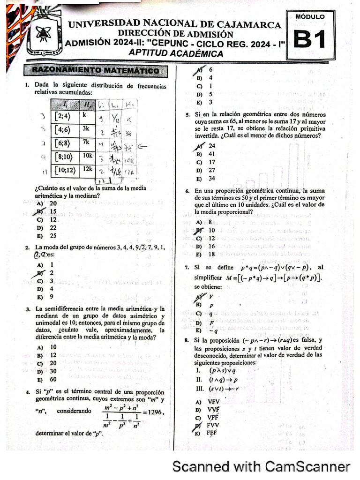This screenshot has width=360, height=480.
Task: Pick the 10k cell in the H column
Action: click(x=88, y=155)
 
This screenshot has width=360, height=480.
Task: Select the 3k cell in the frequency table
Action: click(x=87, y=128)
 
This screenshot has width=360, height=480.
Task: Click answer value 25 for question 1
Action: click(x=53, y=236)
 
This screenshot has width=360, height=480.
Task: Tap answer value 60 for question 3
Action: click(x=53, y=379)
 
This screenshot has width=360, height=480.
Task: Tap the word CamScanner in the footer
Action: click(x=307, y=466)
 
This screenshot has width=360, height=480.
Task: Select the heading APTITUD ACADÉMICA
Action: click(x=176, y=54)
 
